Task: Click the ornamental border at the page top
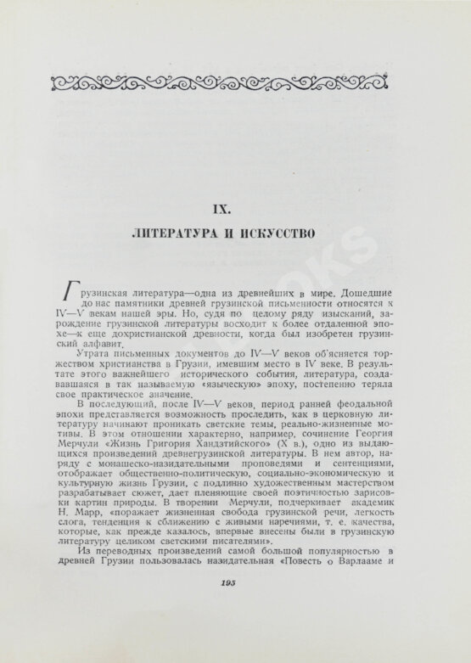click(234, 81)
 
